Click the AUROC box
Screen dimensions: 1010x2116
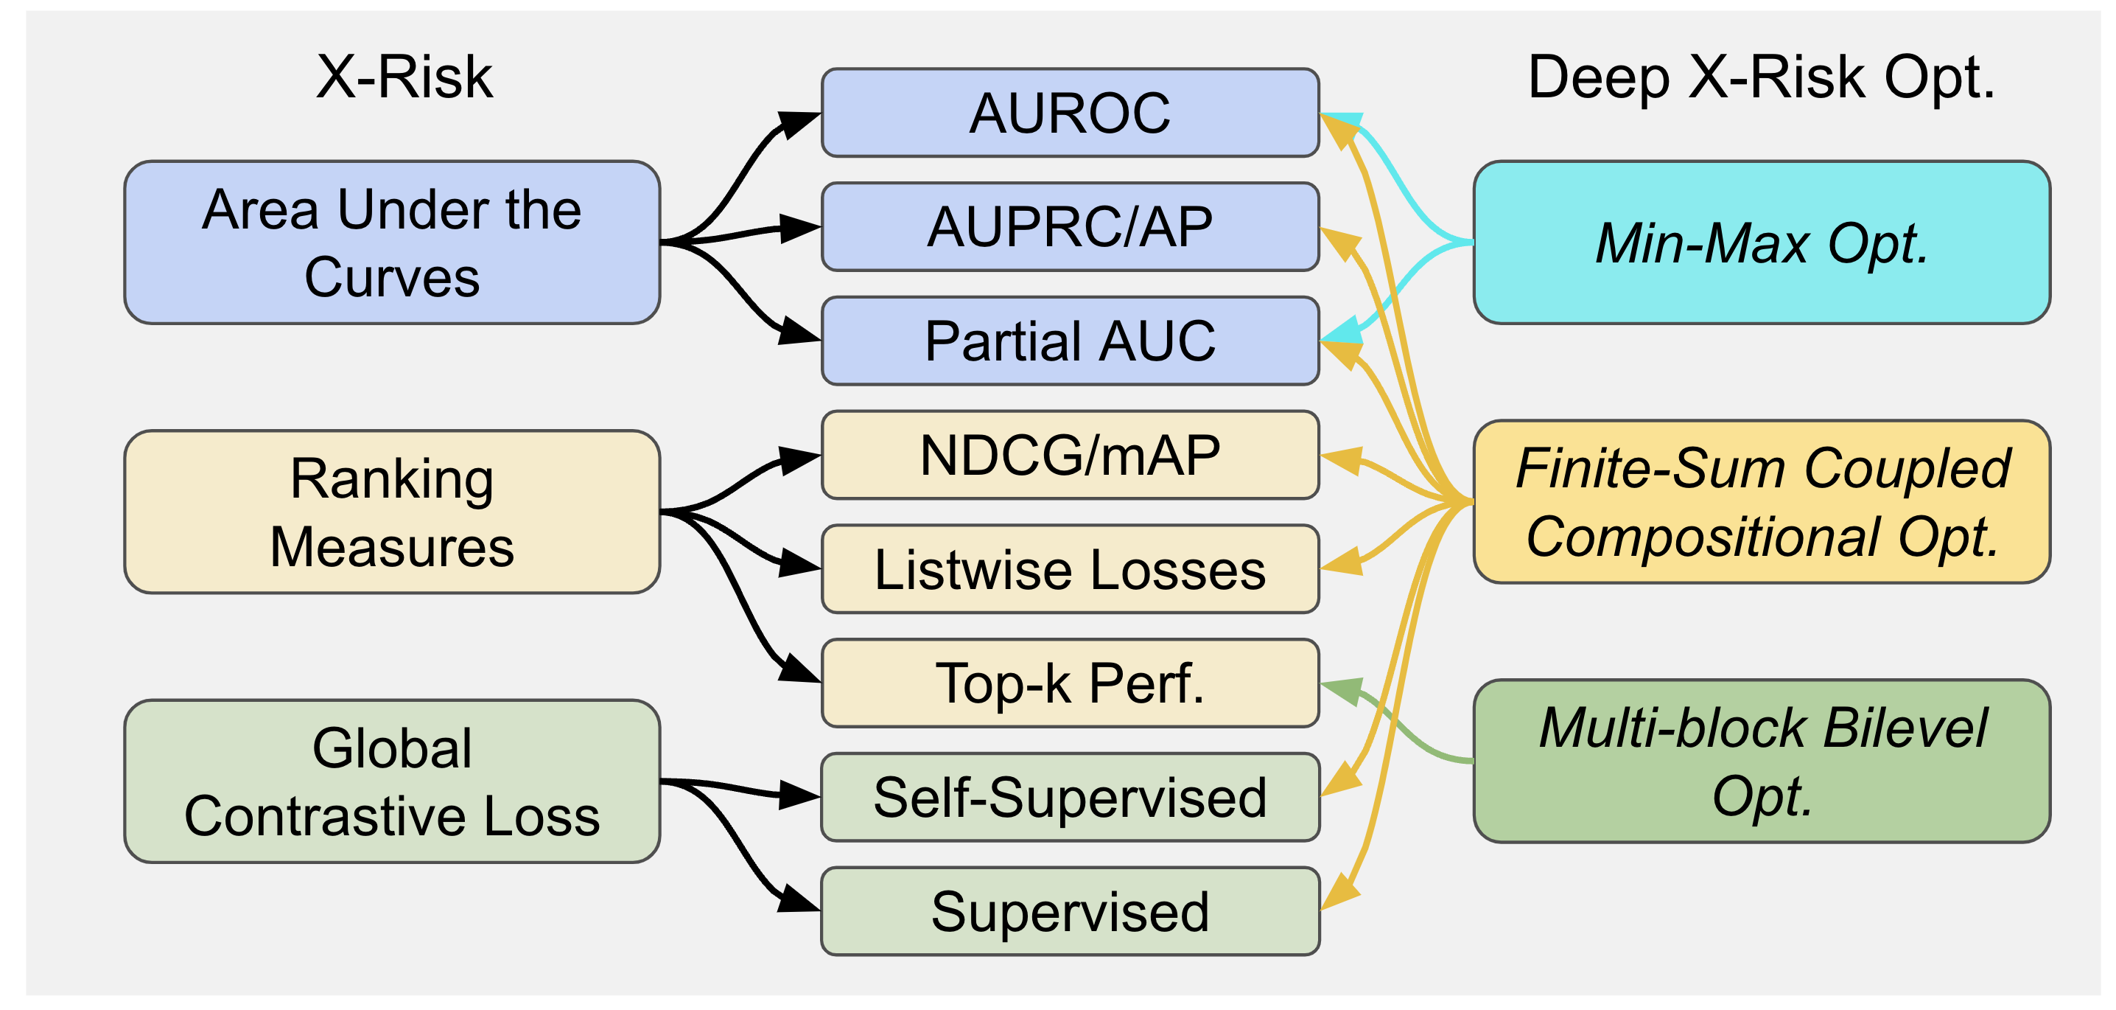tap(1070, 113)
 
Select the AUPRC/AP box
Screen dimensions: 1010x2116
tap(1070, 227)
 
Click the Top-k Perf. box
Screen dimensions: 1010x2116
tap(1070, 683)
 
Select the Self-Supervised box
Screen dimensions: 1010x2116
tap(1070, 797)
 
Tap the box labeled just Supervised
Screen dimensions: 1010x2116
tap(1070, 911)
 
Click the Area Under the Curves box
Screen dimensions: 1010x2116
tap(392, 243)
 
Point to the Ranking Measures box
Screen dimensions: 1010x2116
tap(392, 512)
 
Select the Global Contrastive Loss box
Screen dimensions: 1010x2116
tap(392, 781)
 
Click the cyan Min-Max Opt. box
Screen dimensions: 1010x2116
tap(1761, 243)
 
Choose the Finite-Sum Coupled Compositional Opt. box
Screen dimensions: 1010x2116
tap(1761, 502)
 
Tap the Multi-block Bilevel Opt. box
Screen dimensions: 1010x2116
tap(1761, 761)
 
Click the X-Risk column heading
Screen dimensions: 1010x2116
tap(404, 77)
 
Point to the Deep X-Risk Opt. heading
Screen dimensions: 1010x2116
tap(1761, 77)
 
